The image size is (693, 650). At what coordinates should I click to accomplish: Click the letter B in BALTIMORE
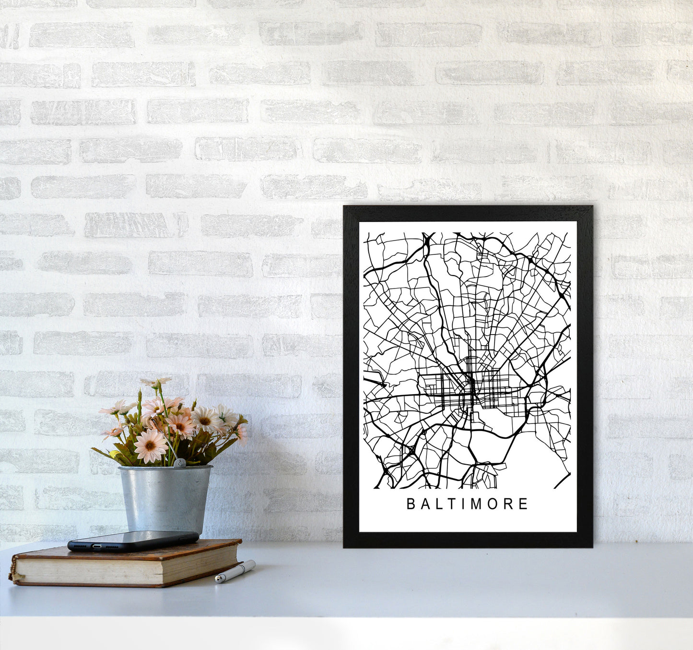pyautogui.click(x=411, y=504)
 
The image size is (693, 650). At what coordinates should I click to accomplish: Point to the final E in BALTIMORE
pyautogui.click(x=523, y=504)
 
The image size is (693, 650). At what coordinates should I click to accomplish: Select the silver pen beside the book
pyautogui.click(x=235, y=571)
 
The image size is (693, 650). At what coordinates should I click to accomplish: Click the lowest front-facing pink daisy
pyautogui.click(x=150, y=445)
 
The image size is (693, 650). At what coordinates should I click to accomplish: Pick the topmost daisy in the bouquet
pyautogui.click(x=156, y=382)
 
